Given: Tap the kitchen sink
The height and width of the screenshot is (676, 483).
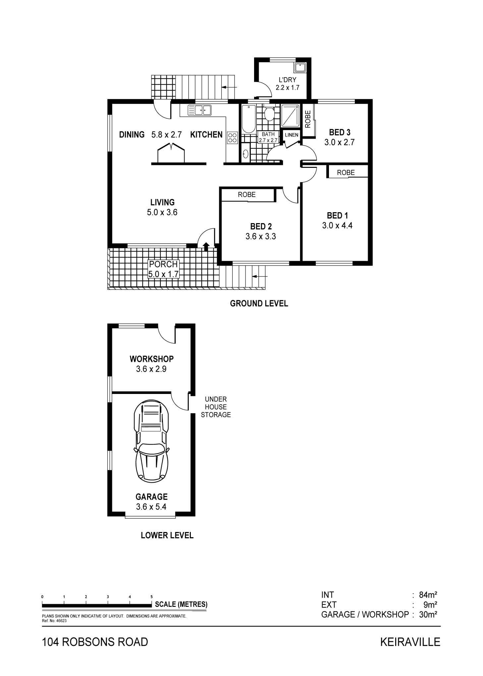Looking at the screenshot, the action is point(199,110).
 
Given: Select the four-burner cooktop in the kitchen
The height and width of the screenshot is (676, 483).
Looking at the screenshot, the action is point(232,138).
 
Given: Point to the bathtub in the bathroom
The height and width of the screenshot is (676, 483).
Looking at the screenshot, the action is point(248,119).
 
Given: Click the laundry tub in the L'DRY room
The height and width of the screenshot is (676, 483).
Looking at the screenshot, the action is point(300,68).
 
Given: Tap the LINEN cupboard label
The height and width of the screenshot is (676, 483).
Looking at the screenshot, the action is point(292,135).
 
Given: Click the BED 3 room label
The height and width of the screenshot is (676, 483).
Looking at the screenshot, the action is point(340,132).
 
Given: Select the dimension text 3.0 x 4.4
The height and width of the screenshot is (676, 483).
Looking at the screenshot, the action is point(337,226).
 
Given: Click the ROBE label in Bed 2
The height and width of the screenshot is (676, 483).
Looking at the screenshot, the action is point(247,195).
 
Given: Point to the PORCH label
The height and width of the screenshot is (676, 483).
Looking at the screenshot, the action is point(163,264).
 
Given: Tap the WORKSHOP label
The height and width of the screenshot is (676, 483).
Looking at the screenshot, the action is point(152,359).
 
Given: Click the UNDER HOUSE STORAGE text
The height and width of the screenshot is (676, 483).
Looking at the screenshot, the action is point(216,407).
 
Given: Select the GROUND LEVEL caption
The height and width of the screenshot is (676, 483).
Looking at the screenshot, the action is point(259,304).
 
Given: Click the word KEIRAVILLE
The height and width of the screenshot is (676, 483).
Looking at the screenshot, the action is point(410,642).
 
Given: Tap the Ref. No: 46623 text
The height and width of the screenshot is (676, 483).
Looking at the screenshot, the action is point(54,621).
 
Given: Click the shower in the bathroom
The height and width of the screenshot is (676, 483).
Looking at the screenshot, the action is point(290,116).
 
